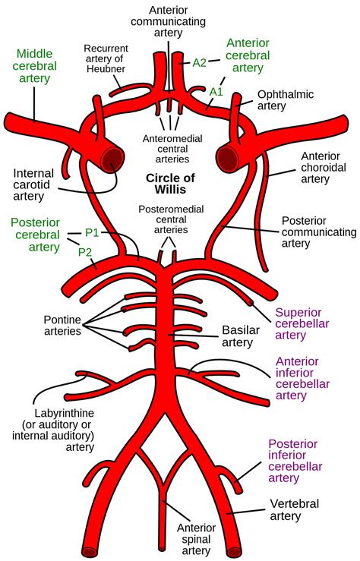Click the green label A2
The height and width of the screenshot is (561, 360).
tap(199, 63)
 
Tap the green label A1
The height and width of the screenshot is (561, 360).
tap(216, 90)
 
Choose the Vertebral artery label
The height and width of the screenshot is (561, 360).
tap(295, 511)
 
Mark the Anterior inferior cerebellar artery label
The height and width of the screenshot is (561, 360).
tap(308, 378)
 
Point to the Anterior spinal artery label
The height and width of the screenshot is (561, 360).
tap(197, 540)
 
